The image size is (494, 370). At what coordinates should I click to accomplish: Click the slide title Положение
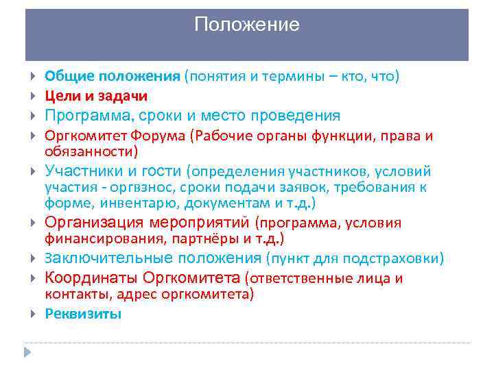tap(247, 25)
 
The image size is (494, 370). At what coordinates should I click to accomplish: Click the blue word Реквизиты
tap(83, 314)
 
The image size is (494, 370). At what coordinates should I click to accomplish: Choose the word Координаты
tap(91, 278)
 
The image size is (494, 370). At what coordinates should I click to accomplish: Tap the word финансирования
tap(92, 239)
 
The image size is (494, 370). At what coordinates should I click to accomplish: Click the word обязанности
tap(89, 151)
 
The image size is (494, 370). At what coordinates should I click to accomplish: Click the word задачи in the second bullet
tap(126, 96)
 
